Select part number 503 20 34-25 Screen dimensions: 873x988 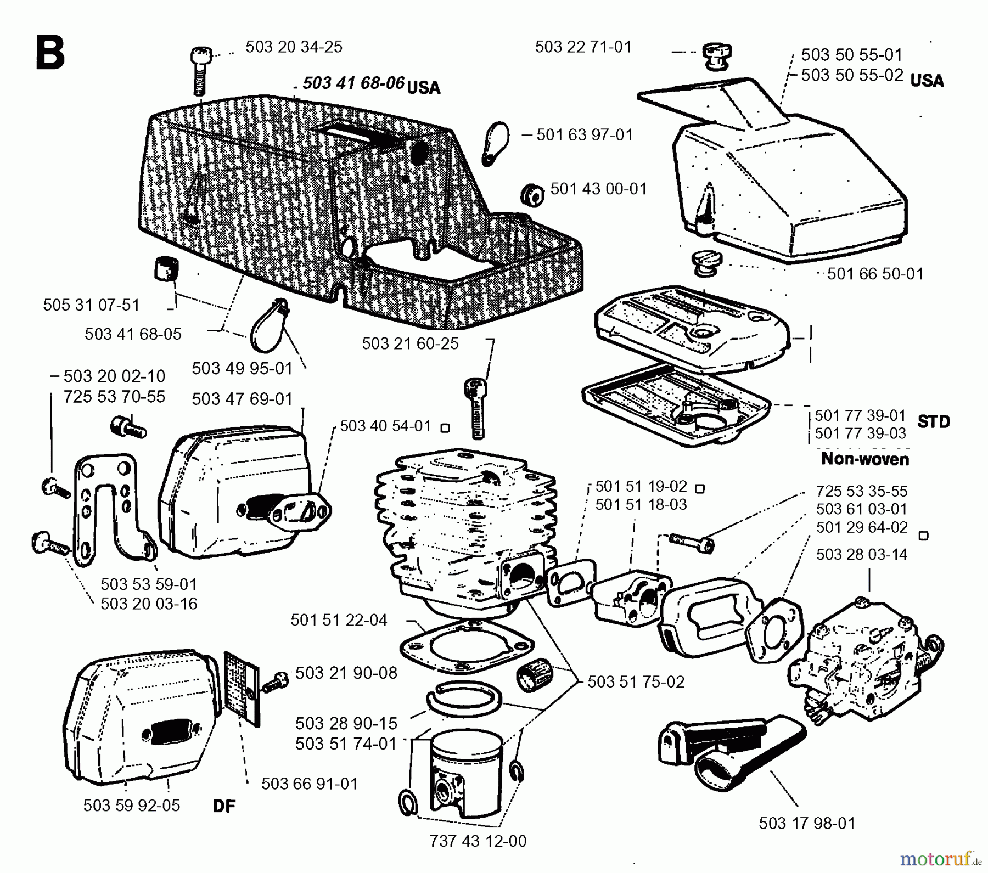click(x=294, y=47)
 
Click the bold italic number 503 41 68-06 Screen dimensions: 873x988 click(x=353, y=83)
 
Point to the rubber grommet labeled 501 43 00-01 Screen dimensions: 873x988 click(x=532, y=195)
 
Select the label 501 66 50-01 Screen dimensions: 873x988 click(x=875, y=274)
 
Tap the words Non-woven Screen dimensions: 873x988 click(x=864, y=459)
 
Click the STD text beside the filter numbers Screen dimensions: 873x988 click(x=933, y=422)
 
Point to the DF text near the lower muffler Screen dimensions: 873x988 click(x=224, y=806)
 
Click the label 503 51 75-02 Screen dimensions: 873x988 click(x=636, y=682)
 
